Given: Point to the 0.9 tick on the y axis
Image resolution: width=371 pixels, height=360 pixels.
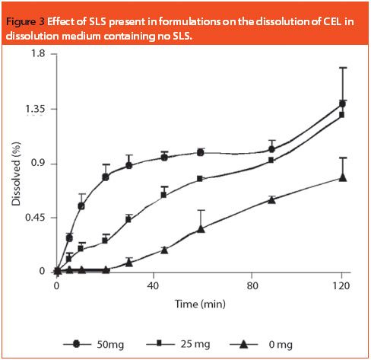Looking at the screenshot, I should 36,164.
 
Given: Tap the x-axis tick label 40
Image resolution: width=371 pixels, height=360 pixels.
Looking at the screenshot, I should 154,285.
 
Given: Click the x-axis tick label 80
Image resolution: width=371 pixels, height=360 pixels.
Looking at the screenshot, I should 252,285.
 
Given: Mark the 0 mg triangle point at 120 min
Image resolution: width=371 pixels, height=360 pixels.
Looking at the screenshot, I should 343,177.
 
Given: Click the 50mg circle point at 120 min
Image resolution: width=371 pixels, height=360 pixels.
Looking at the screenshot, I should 343,104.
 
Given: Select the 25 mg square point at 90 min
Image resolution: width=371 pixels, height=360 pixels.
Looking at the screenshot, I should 271,160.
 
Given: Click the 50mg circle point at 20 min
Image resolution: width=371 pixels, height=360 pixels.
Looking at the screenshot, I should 106,177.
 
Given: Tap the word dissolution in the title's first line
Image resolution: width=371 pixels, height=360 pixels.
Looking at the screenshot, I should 270,21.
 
